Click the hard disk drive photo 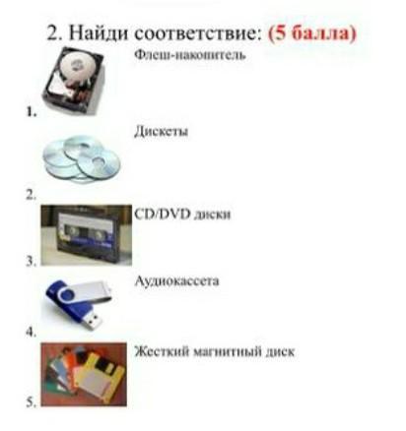(74, 81)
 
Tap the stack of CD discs (82, 159)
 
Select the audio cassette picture (86, 235)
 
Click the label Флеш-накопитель (190, 54)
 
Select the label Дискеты (162, 132)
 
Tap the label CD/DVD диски (182, 215)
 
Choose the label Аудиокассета (176, 281)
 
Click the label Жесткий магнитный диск (215, 351)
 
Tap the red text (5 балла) (312, 33)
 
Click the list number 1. (32, 112)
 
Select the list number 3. (32, 262)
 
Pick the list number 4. (32, 333)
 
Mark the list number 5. (32, 402)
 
